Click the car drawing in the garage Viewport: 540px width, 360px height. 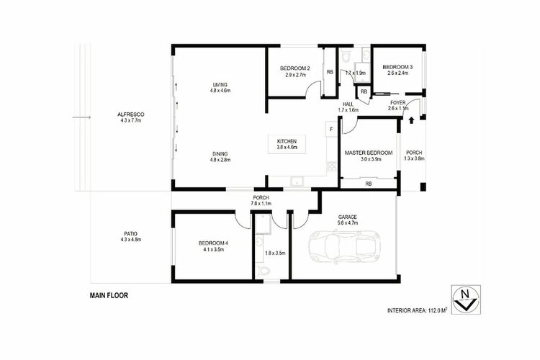coord(345,248)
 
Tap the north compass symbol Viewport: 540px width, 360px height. coord(466,300)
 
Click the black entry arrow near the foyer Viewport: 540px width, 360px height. coord(411,120)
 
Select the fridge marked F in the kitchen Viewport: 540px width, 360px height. coord(331,129)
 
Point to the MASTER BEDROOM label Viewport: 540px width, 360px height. coord(369,153)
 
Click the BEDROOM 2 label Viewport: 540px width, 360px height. coord(295,68)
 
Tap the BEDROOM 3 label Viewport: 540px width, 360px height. coord(397,67)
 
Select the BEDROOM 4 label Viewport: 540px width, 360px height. coord(214,243)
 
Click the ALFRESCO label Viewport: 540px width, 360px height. coord(131,114)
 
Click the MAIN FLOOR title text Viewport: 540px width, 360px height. coord(109,296)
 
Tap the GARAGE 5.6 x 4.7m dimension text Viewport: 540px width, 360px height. coord(348,223)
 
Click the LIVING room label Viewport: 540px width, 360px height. coord(220,85)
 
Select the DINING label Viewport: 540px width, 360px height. coord(220,154)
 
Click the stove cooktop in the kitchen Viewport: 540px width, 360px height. coord(332,166)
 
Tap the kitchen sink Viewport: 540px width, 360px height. coord(296,181)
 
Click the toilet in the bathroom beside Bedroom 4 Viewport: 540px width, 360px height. coord(264,271)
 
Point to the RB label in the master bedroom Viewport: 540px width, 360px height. coord(369,184)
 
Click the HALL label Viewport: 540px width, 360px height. coord(348,104)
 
